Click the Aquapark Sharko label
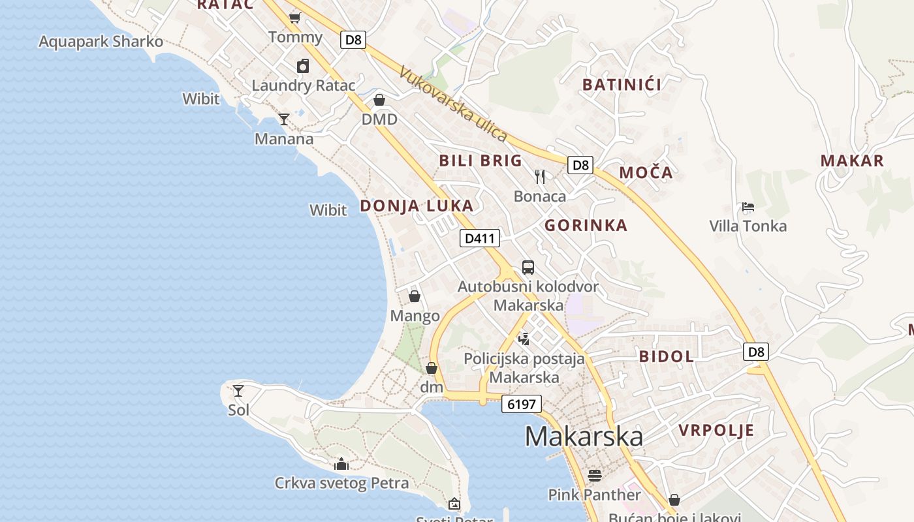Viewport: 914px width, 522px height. pyautogui.click(x=101, y=42)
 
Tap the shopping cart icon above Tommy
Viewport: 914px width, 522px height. pyautogui.click(x=295, y=18)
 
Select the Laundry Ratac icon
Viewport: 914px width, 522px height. pyautogui.click(x=303, y=66)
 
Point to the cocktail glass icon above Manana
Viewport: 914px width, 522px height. pyautogui.click(x=284, y=119)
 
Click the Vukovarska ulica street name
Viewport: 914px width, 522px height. pyautogui.click(x=453, y=104)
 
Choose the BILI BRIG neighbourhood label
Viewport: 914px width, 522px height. pyautogui.click(x=481, y=161)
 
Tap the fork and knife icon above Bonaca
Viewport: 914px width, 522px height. pyautogui.click(x=540, y=177)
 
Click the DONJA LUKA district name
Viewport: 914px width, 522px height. pyautogui.click(x=417, y=206)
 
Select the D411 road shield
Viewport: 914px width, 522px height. pyautogui.click(x=480, y=238)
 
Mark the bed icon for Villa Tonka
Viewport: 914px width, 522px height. pyautogui.click(x=748, y=207)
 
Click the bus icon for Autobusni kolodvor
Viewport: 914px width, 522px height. pyautogui.click(x=528, y=268)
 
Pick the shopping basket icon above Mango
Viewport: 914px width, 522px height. pyautogui.click(x=415, y=297)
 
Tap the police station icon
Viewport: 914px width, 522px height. pyautogui.click(x=524, y=339)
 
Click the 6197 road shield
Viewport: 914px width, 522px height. pyautogui.click(x=522, y=405)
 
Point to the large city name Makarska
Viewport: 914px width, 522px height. pyautogui.click(x=584, y=437)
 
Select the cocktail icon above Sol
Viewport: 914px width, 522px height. pyautogui.click(x=238, y=391)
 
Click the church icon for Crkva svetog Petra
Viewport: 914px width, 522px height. pyautogui.click(x=341, y=464)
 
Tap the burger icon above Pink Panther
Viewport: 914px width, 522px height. pyautogui.click(x=594, y=475)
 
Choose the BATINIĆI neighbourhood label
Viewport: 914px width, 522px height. pyautogui.click(x=622, y=85)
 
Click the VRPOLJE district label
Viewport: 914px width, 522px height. pyautogui.click(x=716, y=431)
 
